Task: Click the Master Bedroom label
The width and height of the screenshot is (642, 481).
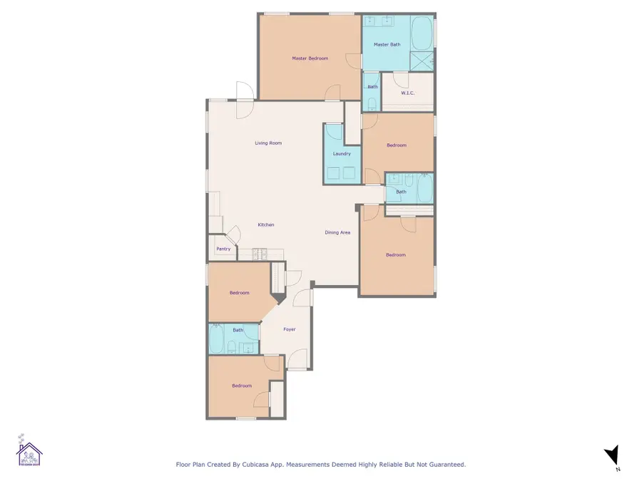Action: click(310, 58)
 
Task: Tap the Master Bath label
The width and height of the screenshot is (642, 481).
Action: click(387, 45)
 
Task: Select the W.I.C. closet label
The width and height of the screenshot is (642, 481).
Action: click(407, 93)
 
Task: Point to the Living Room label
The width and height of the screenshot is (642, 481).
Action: click(268, 143)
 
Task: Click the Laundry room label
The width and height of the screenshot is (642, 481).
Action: click(342, 154)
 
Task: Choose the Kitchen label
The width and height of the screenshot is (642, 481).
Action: click(266, 225)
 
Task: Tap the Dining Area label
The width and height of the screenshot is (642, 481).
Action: click(337, 232)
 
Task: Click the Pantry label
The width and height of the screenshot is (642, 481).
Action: click(223, 249)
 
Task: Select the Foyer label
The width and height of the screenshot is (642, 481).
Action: click(289, 329)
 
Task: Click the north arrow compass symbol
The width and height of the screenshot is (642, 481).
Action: click(611, 456)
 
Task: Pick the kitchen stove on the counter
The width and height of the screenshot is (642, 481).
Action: click(260, 253)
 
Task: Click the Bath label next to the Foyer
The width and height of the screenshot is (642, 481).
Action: click(238, 330)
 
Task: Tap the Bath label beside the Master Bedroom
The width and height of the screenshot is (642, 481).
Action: click(372, 87)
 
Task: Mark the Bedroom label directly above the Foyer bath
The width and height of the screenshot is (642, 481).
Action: click(239, 293)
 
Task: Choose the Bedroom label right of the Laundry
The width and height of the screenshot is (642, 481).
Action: click(396, 145)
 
